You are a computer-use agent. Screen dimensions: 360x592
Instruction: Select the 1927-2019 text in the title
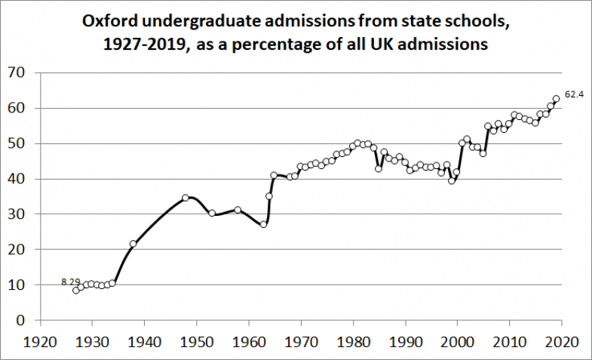click(x=149, y=45)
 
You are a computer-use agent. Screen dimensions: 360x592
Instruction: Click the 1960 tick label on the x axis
click(x=249, y=341)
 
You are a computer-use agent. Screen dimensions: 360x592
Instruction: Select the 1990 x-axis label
click(x=406, y=341)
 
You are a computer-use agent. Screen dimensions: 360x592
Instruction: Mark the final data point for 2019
click(x=557, y=99)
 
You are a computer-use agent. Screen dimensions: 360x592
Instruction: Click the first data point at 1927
click(x=76, y=291)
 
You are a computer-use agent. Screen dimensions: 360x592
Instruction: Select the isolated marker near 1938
click(x=133, y=244)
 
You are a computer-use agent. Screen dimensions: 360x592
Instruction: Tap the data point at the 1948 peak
click(x=186, y=198)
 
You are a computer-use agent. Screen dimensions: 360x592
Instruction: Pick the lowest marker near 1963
click(x=263, y=224)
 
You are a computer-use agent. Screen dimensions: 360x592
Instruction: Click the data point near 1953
click(x=212, y=214)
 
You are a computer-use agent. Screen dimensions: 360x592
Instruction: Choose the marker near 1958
click(x=238, y=210)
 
